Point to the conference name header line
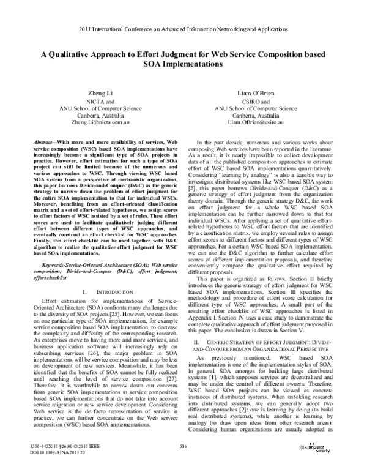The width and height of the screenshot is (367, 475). [183, 29]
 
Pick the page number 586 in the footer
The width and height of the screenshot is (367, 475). [183, 449]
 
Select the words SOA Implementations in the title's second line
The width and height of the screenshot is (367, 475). [183, 63]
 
